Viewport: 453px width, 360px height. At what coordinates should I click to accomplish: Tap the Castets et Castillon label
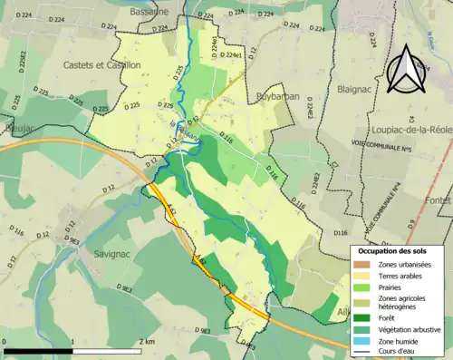pyautogui.click(x=102, y=65)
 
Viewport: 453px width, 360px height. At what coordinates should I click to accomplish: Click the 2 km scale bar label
pyautogui.click(x=147, y=340)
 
